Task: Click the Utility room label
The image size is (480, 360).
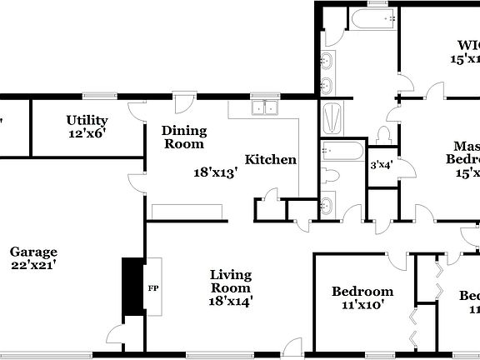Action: [87, 120]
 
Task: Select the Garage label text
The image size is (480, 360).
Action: [33, 252]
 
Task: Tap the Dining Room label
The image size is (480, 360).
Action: [183, 137]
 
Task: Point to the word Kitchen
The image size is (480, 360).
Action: [270, 159]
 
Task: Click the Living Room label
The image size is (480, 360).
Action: [231, 281]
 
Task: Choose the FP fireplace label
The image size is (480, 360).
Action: [152, 288]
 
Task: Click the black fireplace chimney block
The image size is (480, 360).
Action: [132, 287]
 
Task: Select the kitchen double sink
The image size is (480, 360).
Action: [266, 107]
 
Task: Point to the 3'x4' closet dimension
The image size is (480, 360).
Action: [381, 164]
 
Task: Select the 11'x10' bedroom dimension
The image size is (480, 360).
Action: [362, 305]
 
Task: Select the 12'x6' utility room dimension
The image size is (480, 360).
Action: [87, 132]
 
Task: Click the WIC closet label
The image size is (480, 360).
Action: [467, 45]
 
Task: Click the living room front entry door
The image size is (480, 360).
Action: [292, 347]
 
